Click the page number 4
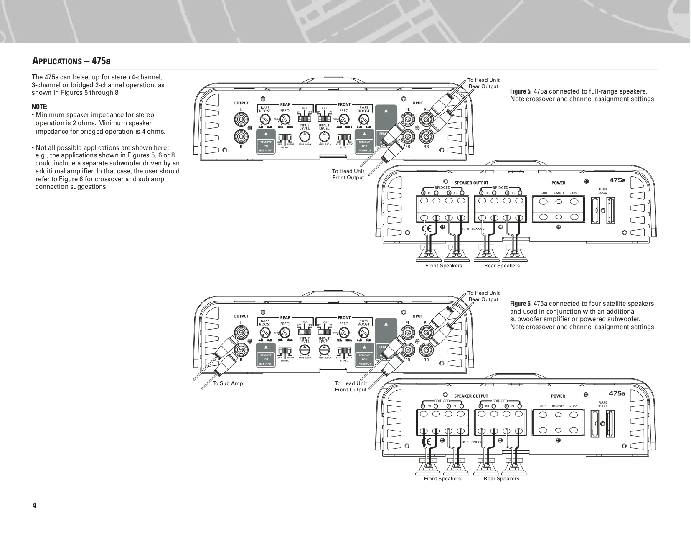[34, 505]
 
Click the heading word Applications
[57, 61]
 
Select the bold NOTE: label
[40, 107]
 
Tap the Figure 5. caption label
[521, 91]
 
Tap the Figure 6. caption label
[521, 304]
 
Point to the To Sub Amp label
[228, 383]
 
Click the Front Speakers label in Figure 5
[444, 266]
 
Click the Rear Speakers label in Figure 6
[501, 479]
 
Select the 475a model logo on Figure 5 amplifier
[617, 180]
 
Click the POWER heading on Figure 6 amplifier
[558, 396]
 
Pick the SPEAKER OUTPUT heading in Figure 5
[471, 183]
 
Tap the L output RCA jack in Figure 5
[241, 120]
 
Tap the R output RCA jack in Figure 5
[241, 136]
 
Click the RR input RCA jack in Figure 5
[426, 136]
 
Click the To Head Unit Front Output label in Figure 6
[351, 386]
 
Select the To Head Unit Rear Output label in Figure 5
[483, 83]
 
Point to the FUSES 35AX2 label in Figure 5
[603, 191]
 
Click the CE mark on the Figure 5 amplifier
[428, 228]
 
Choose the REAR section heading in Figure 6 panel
[285, 317]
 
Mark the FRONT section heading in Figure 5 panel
[344, 104]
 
